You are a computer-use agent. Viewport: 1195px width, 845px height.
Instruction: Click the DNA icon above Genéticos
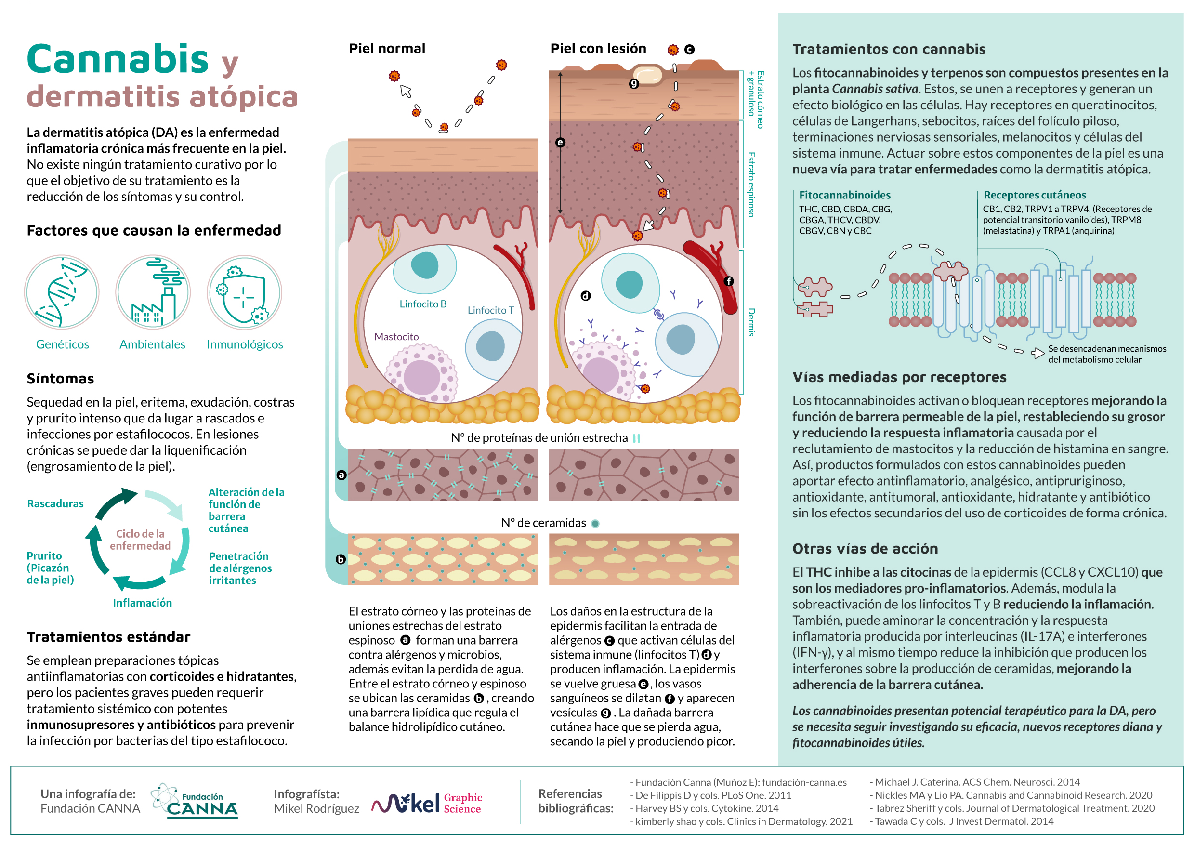pyautogui.click(x=62, y=292)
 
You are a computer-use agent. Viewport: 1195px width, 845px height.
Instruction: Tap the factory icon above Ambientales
pyautogui.click(x=153, y=292)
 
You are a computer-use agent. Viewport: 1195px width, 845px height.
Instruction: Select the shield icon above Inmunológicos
pyautogui.click(x=244, y=292)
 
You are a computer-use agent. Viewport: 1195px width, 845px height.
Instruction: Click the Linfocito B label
pyautogui.click(x=422, y=304)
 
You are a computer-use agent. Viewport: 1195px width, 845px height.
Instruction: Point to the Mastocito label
pyautogui.click(x=396, y=337)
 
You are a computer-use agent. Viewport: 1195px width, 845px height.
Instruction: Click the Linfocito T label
pyautogui.click(x=490, y=310)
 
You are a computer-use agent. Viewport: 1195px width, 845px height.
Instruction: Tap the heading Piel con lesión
pyautogui.click(x=598, y=49)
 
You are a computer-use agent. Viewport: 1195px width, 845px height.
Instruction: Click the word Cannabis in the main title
pyautogui.click(x=118, y=59)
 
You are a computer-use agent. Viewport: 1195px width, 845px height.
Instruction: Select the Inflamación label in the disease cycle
pyautogui.click(x=142, y=602)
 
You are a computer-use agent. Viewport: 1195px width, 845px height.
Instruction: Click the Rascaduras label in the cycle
pyautogui.click(x=55, y=503)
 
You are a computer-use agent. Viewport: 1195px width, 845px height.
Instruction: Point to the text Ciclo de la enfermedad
pyautogui.click(x=140, y=540)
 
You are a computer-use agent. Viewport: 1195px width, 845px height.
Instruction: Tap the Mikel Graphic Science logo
pyautogui.click(x=427, y=803)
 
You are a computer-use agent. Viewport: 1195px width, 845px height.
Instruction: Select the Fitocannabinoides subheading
pyautogui.click(x=845, y=195)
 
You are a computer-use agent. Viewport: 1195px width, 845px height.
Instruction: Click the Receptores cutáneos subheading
pyautogui.click(x=1034, y=195)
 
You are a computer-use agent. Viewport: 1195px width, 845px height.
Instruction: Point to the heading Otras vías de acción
pyautogui.click(x=865, y=548)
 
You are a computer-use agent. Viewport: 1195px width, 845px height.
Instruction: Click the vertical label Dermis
pyautogui.click(x=751, y=322)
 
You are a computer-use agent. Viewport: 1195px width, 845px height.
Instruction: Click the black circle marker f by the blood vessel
pyautogui.click(x=729, y=281)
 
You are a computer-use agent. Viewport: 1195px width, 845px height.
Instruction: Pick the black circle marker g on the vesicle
pyautogui.click(x=634, y=83)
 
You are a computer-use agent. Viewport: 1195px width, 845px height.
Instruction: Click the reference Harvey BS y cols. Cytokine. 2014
pyautogui.click(x=704, y=808)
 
